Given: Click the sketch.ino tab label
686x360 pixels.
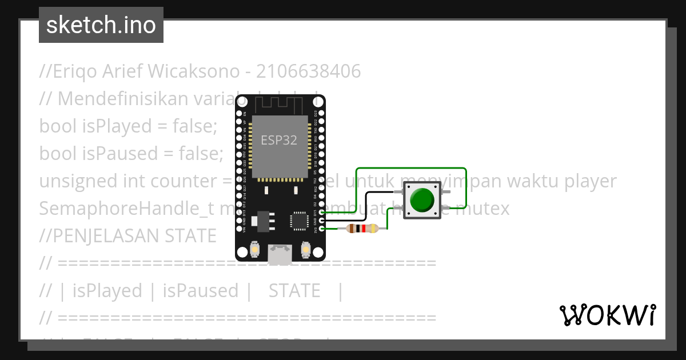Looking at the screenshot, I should pos(101,25).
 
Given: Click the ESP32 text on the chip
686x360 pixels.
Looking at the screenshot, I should pos(279,140).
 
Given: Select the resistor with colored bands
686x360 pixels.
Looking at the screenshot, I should pos(362,229).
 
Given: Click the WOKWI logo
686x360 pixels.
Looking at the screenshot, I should pos(608,315).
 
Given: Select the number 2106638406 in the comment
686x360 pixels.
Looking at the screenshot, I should pos(309,71).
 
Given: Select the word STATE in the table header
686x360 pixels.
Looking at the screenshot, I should pos(294,291).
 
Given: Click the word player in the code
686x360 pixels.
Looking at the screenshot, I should pos(591,181).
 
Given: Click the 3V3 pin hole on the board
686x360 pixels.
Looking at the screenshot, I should pos(322,229).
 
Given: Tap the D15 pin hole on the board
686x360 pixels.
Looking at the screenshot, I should pos(322,212).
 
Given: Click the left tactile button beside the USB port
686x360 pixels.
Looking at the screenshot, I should pos(255,250).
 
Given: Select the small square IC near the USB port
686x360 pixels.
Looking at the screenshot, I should pos(299,221).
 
